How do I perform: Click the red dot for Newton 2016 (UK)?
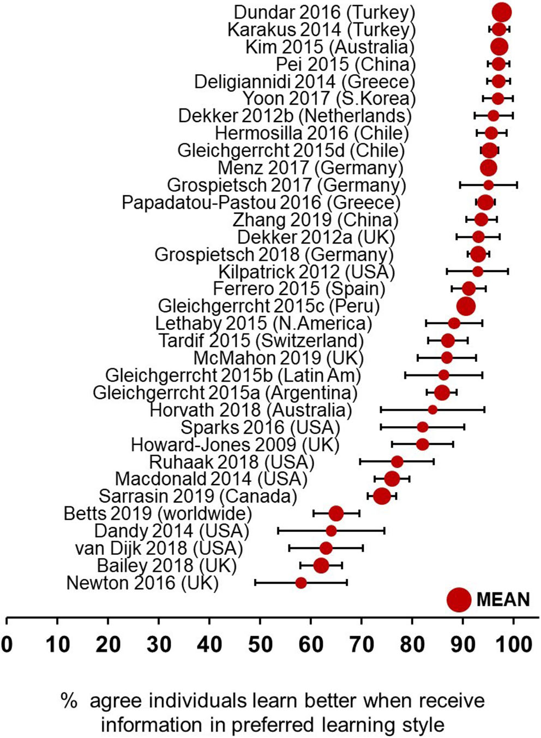tap(301, 583)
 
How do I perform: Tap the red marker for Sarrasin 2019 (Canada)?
tap(382, 496)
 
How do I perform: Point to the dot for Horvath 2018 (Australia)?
tap(432, 409)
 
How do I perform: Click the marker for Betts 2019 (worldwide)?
tap(336, 513)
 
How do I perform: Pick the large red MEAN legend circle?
tap(459, 599)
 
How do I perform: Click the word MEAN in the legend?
tap(503, 600)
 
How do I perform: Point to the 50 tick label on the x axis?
tap(260, 645)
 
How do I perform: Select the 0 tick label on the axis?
tap(7, 645)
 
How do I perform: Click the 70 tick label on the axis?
tap(362, 645)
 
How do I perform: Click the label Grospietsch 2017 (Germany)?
tap(286, 185)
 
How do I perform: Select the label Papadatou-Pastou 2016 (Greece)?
tap(261, 203)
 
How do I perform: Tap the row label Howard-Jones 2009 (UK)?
tap(235, 445)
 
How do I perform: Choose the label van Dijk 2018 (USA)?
tap(159, 548)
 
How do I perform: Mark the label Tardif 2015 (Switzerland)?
tap(261, 341)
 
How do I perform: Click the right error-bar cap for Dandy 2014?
tap(384, 531)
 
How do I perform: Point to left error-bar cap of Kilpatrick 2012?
tap(447, 271)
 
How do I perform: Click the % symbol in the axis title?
tap(69, 701)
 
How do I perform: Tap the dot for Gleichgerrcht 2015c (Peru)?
tap(465, 306)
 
